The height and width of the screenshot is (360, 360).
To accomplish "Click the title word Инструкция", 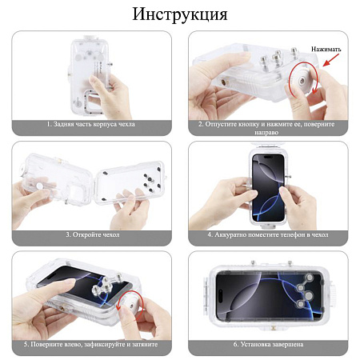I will pyautogui.click(x=180, y=15).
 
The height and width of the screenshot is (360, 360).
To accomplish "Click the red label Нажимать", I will pyautogui.click(x=326, y=49).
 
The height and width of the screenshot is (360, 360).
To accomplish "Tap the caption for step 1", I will pyautogui.click(x=93, y=125).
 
